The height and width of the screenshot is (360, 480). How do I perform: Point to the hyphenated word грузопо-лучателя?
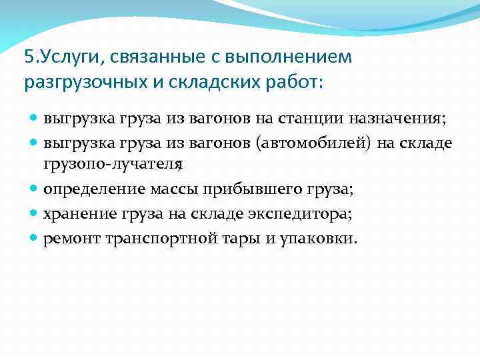pos(113,164)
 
